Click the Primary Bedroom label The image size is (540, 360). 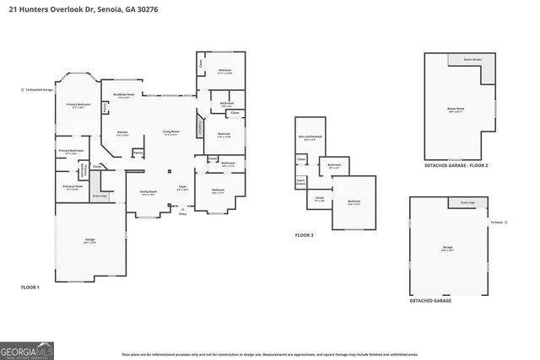[78, 106]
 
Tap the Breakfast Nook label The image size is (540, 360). [123, 95]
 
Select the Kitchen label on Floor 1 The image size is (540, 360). [121, 133]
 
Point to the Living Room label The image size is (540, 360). [170, 133]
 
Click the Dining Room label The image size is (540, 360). [148, 192]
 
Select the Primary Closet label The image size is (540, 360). [72, 187]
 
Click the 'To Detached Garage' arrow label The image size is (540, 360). [37, 89]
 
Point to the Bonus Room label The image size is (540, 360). [456, 110]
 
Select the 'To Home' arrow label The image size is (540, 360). [497, 223]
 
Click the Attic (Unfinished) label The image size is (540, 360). [310, 138]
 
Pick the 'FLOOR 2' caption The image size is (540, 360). [305, 234]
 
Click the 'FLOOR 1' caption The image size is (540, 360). [30, 287]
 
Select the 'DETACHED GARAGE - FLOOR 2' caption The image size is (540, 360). [456, 166]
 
